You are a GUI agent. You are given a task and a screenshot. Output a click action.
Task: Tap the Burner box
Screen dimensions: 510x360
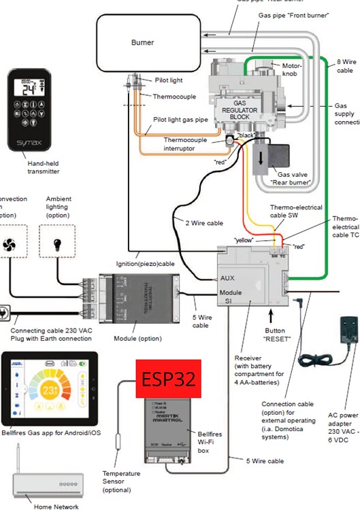coord(142,42)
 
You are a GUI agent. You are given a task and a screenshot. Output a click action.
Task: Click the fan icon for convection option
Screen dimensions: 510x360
coord(10,245)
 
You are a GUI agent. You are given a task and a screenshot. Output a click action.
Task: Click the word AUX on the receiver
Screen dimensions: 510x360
coord(227,279)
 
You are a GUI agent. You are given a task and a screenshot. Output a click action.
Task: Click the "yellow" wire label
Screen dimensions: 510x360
coord(244,240)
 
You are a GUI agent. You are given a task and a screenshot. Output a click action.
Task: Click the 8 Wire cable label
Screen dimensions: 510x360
coord(345,65)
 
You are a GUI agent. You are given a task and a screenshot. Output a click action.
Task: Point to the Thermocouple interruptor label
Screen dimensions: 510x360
coord(184,144)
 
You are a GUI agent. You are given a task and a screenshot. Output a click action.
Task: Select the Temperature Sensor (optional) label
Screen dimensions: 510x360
coord(121,481)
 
